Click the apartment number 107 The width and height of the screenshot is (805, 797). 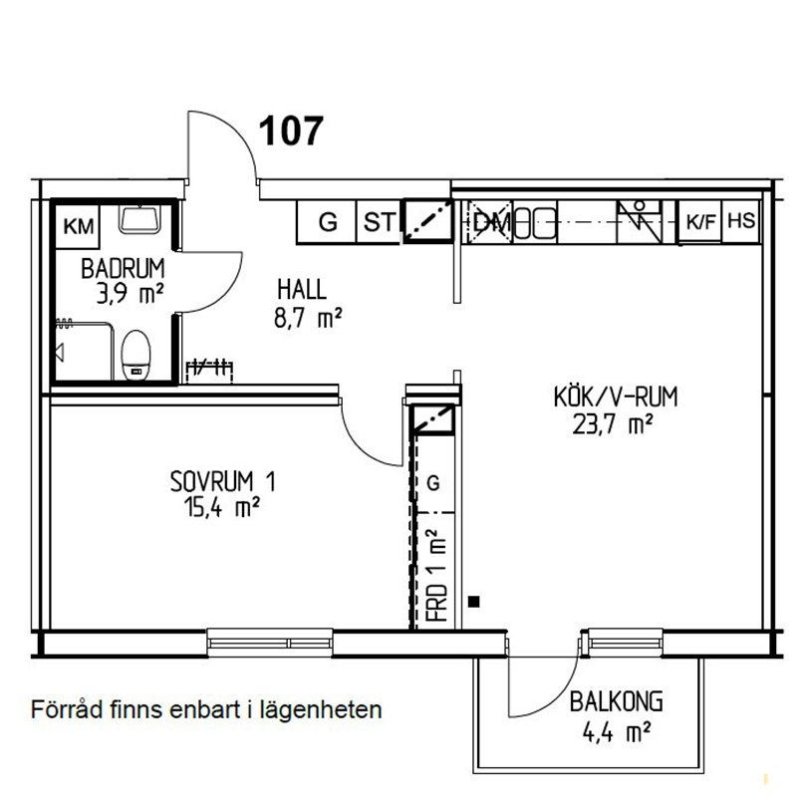(291, 131)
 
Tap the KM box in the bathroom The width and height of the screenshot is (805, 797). (78, 226)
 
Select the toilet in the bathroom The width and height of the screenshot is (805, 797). (136, 355)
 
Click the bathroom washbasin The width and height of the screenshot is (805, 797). (139, 219)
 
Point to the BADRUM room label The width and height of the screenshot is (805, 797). (123, 269)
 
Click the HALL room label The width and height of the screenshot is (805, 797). (302, 290)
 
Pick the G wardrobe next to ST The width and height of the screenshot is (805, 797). (328, 222)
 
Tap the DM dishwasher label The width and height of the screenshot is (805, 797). (492, 222)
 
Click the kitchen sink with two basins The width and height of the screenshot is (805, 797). (535, 223)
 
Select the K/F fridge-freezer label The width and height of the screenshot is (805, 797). (700, 222)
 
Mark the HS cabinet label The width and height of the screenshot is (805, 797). (741, 221)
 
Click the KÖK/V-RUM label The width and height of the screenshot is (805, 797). (616, 397)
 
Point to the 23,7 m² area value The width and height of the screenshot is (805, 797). (613, 424)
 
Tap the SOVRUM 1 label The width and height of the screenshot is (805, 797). (222, 482)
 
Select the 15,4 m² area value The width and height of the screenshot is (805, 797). (222, 508)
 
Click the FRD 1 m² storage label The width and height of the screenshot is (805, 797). (437, 575)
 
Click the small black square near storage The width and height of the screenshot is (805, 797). (474, 602)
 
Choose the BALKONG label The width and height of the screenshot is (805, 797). (616, 702)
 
